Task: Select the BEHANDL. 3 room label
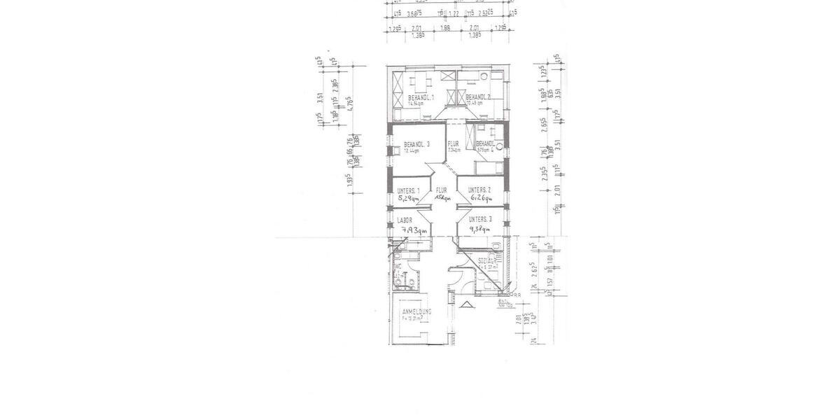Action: pos(416,144)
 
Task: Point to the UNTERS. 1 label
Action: pos(408,190)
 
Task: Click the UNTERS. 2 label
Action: pos(479,190)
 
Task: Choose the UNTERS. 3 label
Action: pos(481,219)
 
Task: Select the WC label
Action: pos(397,267)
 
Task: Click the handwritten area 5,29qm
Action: pos(409,199)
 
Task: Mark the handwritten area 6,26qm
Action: pos(481,199)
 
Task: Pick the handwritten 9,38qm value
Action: pos(481,227)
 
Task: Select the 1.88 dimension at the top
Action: pos(445,29)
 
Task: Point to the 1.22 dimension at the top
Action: pos(453,13)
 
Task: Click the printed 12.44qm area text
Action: pos(412,150)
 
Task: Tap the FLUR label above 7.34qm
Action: pos(454,143)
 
